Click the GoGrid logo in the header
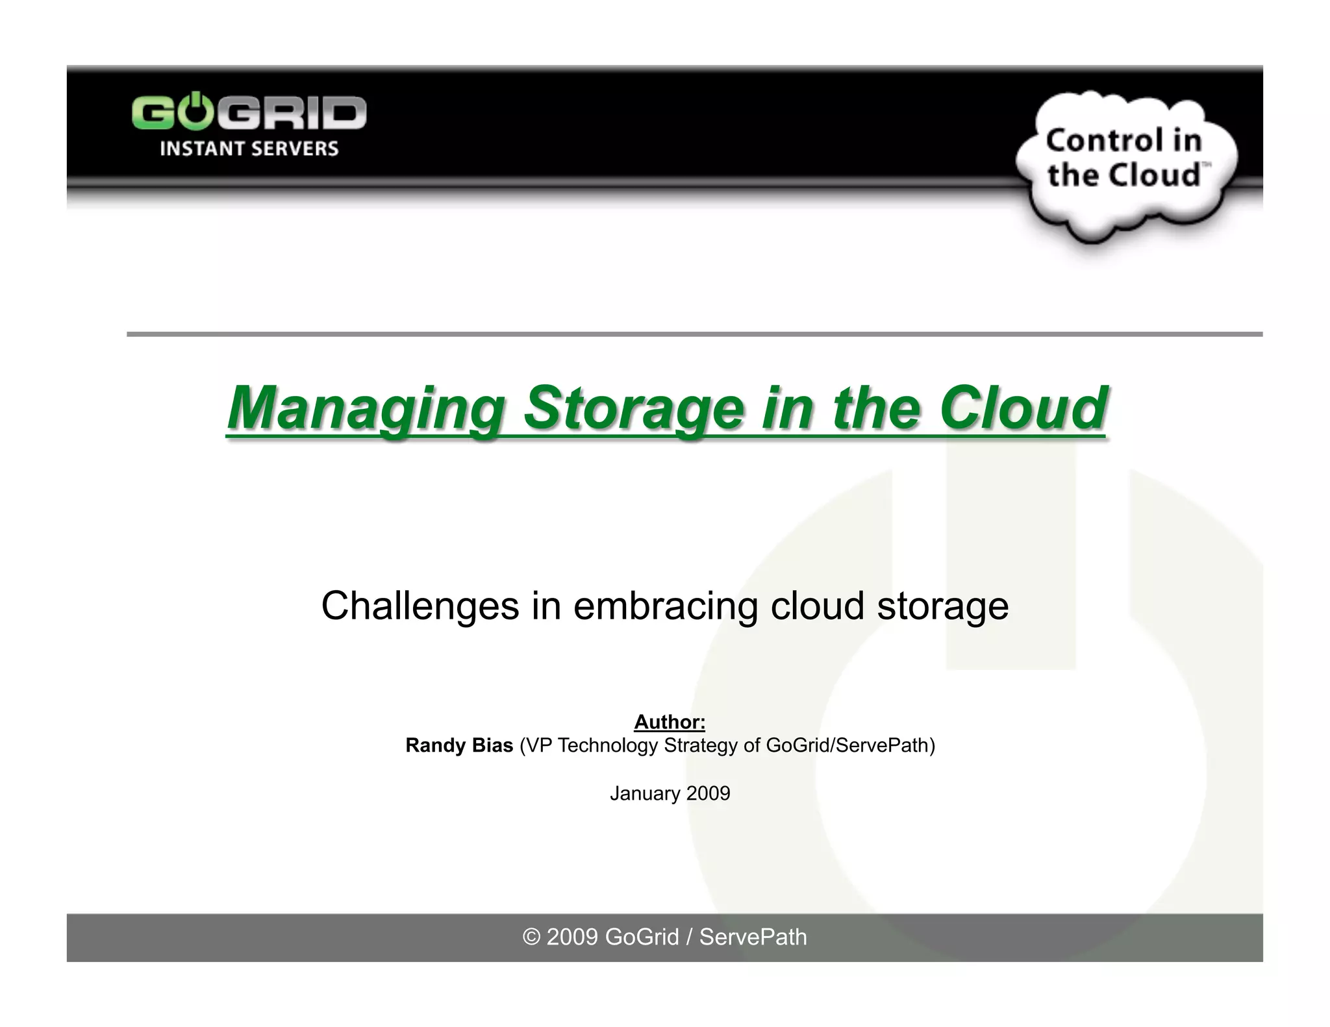coord(249,114)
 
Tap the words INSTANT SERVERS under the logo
coord(249,149)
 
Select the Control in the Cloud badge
coord(1125,159)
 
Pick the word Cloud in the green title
coord(1023,408)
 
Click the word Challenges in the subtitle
coord(420,606)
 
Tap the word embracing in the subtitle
coord(665,606)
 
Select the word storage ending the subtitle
coord(942,606)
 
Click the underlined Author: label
coord(670,722)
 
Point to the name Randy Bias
coord(459,745)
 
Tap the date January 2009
coord(670,793)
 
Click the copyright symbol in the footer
coord(532,937)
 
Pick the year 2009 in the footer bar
coord(571,937)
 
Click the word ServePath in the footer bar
coord(753,937)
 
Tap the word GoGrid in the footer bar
coord(642,937)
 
